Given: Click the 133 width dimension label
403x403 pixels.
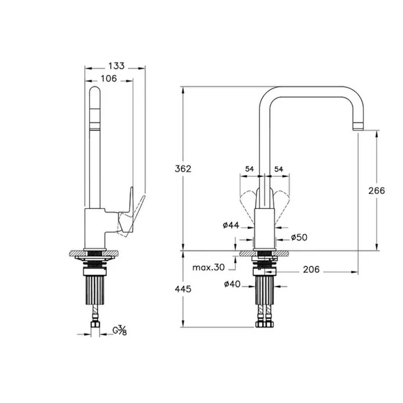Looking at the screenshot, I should click(x=116, y=65).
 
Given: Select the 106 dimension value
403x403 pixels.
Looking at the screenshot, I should click(x=109, y=78).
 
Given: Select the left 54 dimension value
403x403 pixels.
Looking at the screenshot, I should click(x=249, y=168).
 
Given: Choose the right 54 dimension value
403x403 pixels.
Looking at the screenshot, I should click(x=278, y=168).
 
